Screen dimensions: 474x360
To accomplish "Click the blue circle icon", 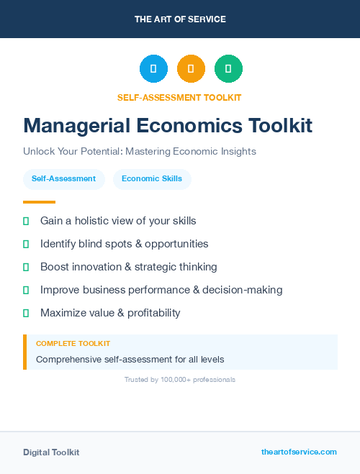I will (153, 69).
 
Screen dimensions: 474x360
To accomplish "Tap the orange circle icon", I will (191, 69).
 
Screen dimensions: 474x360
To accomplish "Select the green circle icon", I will (228, 69).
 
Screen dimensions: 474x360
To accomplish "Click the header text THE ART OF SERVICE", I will (180, 19).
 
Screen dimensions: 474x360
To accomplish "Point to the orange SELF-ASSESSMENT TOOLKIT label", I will (179, 97).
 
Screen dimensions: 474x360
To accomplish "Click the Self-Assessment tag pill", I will (63, 179).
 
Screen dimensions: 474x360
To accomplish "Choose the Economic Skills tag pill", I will (152, 179).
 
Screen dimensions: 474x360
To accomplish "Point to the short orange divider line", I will (39, 201).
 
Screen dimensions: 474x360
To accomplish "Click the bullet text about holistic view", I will (118, 221).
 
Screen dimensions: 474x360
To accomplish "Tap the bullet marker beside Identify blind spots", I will (26, 245).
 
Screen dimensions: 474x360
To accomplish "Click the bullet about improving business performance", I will (161, 290).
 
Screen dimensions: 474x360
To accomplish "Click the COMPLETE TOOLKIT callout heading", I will (73, 344).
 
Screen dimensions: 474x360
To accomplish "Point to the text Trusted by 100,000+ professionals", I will (180, 379).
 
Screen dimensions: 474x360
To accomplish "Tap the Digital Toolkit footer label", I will (51, 452).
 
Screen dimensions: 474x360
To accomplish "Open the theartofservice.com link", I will (299, 452).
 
